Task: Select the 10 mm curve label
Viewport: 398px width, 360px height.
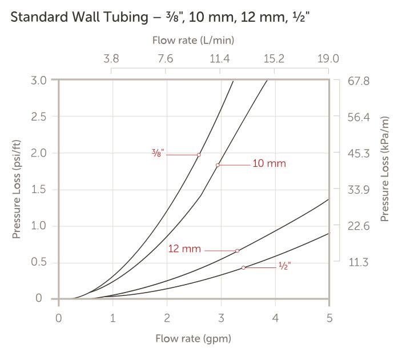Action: pos(269,164)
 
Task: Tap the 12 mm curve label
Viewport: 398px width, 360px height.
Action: pos(184,249)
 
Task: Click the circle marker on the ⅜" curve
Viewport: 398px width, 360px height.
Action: pos(199,154)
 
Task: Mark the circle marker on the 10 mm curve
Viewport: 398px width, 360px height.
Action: pos(218,165)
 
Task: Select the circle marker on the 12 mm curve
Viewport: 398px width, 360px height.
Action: pos(237,250)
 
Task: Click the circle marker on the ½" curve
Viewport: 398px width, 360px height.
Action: pos(243,267)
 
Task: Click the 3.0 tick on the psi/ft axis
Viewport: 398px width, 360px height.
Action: pos(39,79)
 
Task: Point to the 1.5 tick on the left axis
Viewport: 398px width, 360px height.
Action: pos(39,189)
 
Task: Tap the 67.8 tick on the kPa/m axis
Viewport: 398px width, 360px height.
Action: pos(359,81)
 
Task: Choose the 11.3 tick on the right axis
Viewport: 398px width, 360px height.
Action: pos(359,263)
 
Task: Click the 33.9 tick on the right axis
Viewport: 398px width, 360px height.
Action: pos(359,190)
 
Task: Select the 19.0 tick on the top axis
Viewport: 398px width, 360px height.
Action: pos(328,58)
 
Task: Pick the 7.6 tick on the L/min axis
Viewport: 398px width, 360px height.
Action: pos(166,58)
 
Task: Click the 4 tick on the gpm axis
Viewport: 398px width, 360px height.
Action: pos(275,317)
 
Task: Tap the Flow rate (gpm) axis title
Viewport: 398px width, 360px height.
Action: pos(194,339)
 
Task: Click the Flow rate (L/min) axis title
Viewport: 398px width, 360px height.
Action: pos(194,41)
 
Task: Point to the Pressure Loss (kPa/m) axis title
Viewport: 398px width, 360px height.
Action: pos(384,171)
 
